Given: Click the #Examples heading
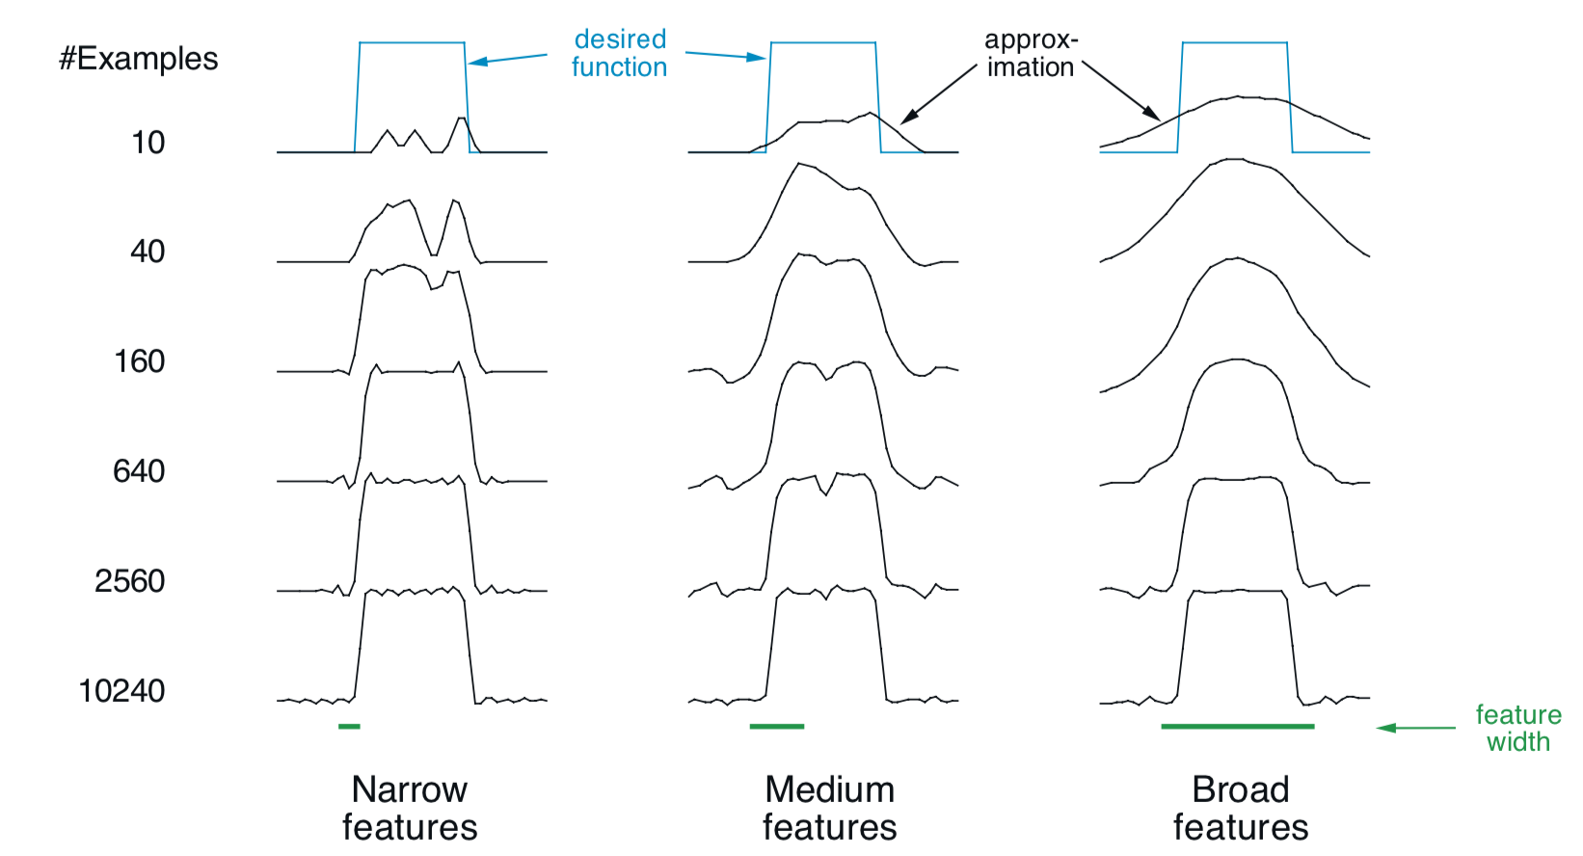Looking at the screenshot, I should pyautogui.click(x=139, y=59).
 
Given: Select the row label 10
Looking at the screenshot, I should pyautogui.click(x=148, y=143).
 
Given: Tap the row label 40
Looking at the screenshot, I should pyautogui.click(x=148, y=252).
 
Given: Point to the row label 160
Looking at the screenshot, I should pyautogui.click(x=140, y=361).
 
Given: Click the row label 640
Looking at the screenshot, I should pyautogui.click(x=139, y=471).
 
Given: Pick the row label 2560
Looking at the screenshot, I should pyautogui.click(x=130, y=581).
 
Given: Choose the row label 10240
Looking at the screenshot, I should pyautogui.click(x=121, y=691).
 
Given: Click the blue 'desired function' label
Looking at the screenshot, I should pyautogui.click(x=620, y=53).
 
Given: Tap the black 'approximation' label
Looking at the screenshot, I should pyautogui.click(x=1031, y=53).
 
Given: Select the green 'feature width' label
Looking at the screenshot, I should pyautogui.click(x=1517, y=728).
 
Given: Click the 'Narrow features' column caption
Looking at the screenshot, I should pyautogui.click(x=410, y=808).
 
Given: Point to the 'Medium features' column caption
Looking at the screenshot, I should pyautogui.click(x=829, y=808).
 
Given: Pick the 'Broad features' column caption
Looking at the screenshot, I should pyautogui.click(x=1241, y=808).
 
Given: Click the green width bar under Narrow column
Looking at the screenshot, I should pyautogui.click(x=349, y=726).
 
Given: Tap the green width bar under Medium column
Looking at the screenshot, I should pyautogui.click(x=777, y=726).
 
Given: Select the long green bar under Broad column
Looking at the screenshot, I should pyautogui.click(x=1238, y=726).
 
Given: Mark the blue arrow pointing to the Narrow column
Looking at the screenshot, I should pyautogui.click(x=508, y=60).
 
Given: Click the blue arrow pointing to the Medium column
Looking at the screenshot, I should pyautogui.click(x=726, y=55).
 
